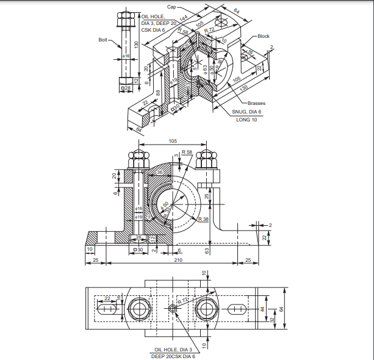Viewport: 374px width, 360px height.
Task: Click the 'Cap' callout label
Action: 171,7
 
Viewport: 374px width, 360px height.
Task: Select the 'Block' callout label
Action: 263,36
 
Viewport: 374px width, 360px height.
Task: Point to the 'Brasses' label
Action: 257,103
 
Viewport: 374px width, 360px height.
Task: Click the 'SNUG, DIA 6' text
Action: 246,112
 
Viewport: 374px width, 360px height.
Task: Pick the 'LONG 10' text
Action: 246,120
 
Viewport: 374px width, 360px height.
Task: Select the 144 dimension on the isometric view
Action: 184,18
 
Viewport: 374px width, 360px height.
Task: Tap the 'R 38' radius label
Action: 203,218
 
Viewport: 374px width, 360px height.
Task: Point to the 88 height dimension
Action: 158,93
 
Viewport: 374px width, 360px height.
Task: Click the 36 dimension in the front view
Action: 159,173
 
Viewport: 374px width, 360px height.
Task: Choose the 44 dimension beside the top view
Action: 264,309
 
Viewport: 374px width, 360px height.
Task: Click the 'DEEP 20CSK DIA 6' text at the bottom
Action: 173,356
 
